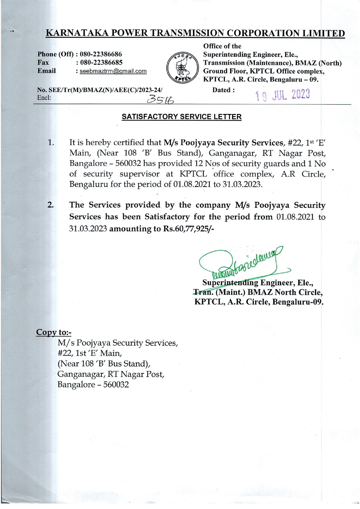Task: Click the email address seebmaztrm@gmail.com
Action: pyautogui.click(x=113, y=71)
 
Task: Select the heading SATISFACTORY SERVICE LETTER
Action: pyautogui.click(x=181, y=117)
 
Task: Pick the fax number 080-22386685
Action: pyautogui.click(x=101, y=62)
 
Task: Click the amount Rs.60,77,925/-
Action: pyautogui.click(x=189, y=229)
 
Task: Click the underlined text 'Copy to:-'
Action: pyautogui.click(x=54, y=332)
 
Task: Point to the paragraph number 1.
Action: pyautogui.click(x=51, y=143)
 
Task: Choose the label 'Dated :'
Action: pyautogui.click(x=223, y=90)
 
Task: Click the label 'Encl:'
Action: pyautogui.click(x=44, y=98)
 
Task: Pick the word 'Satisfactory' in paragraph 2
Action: pyautogui.click(x=167, y=217)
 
